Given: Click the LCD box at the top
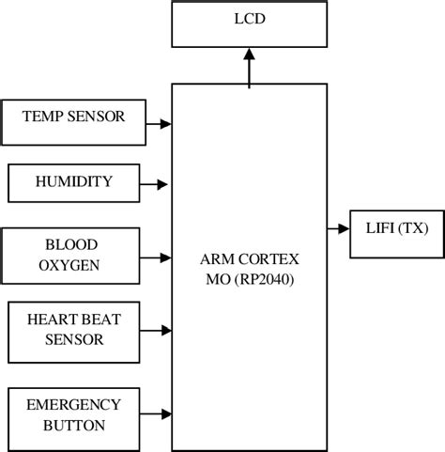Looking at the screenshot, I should [249, 23].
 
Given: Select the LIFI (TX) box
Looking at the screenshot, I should [395, 227].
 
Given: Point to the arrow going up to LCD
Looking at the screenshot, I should [249, 68].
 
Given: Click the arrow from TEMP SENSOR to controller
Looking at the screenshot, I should [161, 123].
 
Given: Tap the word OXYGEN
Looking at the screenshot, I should [69, 265].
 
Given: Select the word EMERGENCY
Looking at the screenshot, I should [73, 404].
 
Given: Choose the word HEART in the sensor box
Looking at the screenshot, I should [54, 320].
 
